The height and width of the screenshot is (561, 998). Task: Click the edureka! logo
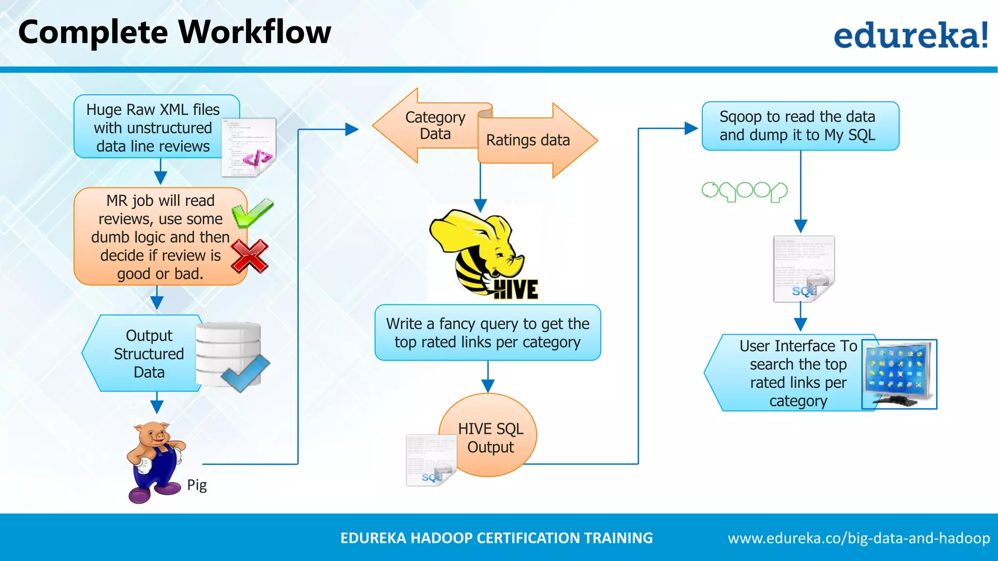point(910,35)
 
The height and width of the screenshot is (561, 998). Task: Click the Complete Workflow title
point(174,32)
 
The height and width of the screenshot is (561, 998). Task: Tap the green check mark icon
point(252,213)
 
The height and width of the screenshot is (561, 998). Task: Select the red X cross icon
point(249,256)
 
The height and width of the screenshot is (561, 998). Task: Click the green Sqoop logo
point(744,191)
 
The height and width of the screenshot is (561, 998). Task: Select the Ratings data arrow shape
point(531,140)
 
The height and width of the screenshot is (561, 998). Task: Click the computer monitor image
point(900,374)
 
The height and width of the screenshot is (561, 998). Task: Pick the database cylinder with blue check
point(230,355)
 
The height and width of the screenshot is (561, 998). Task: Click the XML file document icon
point(249,147)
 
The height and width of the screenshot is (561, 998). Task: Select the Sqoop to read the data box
point(800,126)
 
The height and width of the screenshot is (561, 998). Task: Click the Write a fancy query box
point(487,333)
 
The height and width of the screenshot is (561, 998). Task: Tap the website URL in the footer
point(859,538)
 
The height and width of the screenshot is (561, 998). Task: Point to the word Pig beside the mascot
point(197,485)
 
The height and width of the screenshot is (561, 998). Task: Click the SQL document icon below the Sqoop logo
point(804,269)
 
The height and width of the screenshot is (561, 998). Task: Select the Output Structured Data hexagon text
point(149,354)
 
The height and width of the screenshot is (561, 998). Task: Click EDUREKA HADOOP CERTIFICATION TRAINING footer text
point(496,538)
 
